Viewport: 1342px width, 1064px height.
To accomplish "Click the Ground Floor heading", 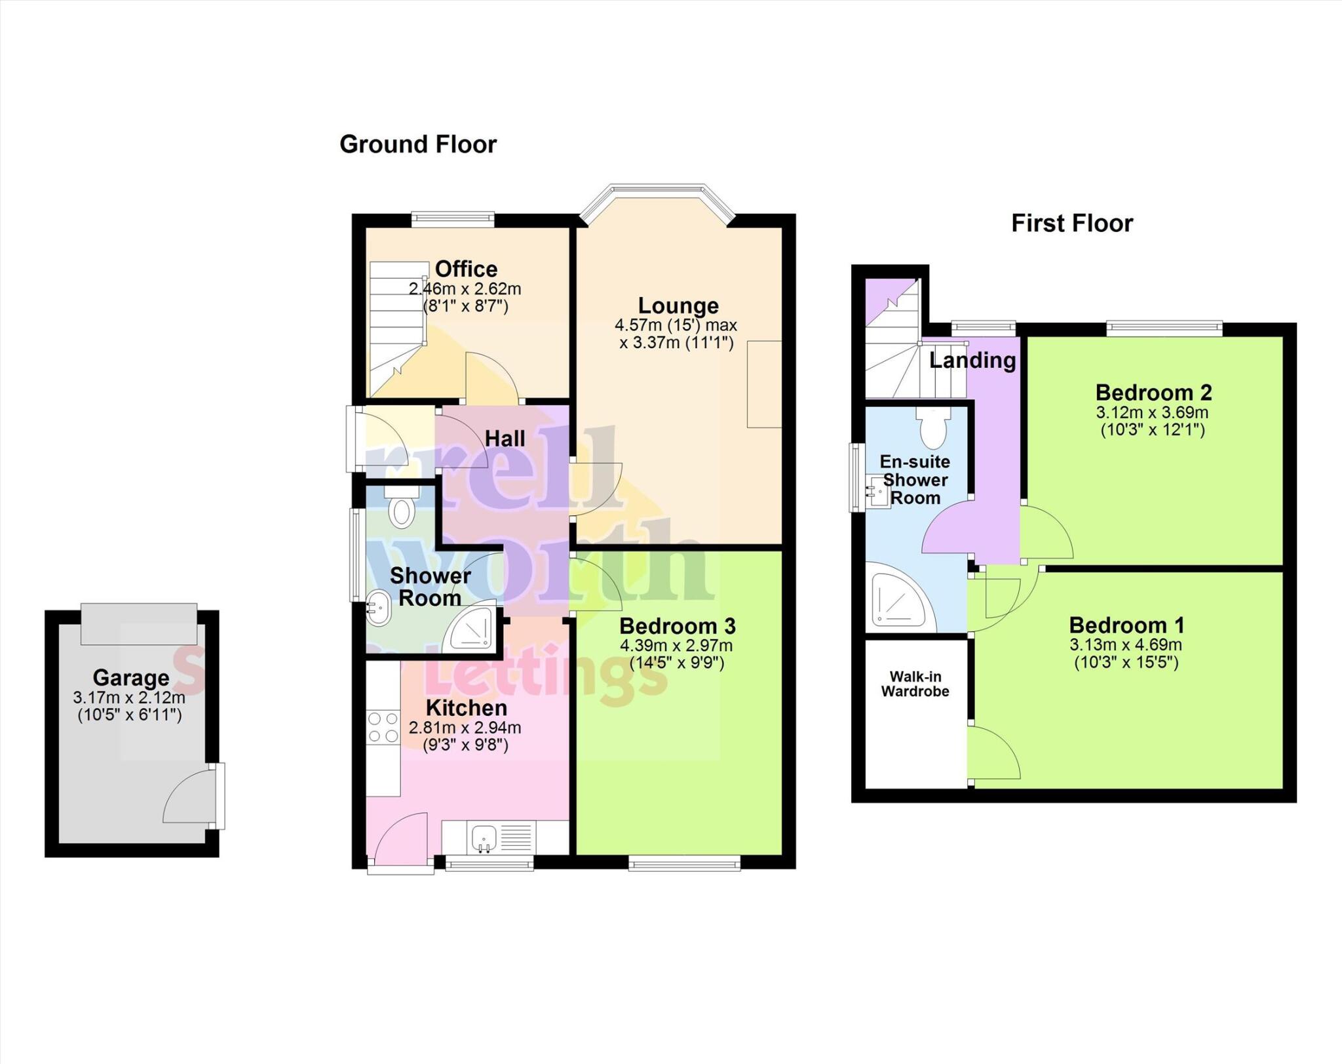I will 418,144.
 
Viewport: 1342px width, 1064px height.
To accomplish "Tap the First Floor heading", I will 1072,224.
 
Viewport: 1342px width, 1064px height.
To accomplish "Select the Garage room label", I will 131,677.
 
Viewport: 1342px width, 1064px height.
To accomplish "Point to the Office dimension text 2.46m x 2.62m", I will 465,289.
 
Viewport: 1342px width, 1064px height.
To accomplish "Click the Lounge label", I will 678,305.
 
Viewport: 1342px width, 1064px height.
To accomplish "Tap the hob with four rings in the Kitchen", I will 383,727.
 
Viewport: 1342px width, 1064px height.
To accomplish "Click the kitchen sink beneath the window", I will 484,837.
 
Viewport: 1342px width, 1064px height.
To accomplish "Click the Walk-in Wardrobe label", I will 915,684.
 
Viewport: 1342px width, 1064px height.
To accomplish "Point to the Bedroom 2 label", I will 1153,393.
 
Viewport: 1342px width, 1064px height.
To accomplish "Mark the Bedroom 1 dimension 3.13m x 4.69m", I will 1126,645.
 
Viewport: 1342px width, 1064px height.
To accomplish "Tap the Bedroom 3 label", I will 678,625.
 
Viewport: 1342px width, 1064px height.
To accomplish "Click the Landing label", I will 972,360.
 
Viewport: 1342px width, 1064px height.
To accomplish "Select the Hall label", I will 505,439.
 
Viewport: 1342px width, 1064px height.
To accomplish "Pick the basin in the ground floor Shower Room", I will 378,608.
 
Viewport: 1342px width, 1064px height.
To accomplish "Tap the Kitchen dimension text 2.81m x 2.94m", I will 465,728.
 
